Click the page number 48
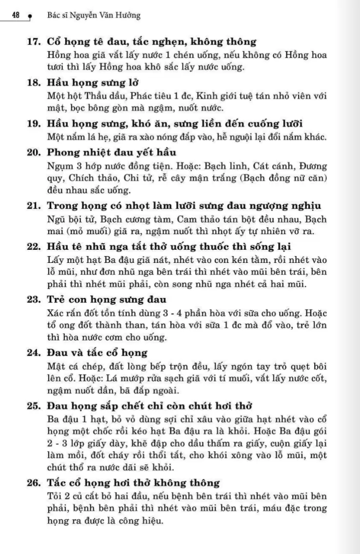pyautogui.click(x=15, y=15)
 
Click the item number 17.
pyautogui.click(x=34, y=42)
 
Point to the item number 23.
pyautogui.click(x=34, y=299)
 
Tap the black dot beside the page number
pyautogui.click(x=29, y=17)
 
